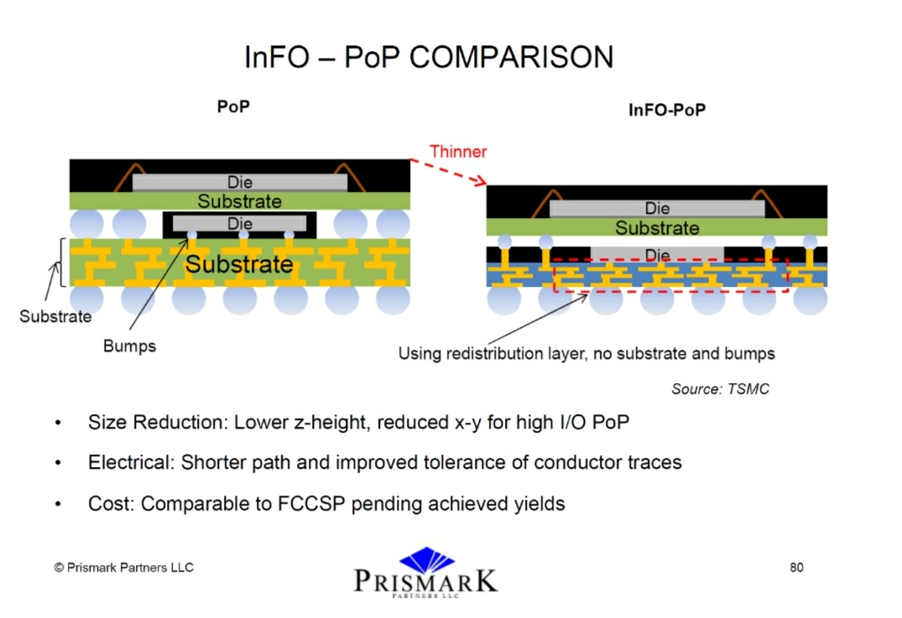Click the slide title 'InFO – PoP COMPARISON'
click(429, 58)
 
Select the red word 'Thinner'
click(458, 152)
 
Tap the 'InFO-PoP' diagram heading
click(667, 110)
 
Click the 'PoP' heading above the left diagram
click(233, 106)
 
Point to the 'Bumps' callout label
click(129, 346)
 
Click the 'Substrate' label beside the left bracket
click(55, 316)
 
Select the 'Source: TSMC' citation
click(720, 389)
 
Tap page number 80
click(796, 568)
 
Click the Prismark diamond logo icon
click(427, 560)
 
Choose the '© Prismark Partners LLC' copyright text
click(123, 568)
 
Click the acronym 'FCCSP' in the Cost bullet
click(311, 504)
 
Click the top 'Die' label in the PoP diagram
click(240, 182)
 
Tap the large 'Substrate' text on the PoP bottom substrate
click(239, 264)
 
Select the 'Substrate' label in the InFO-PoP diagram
click(658, 227)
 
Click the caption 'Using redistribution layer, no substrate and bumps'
click(587, 354)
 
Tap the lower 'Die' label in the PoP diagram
click(240, 224)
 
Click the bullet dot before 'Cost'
click(58, 504)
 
